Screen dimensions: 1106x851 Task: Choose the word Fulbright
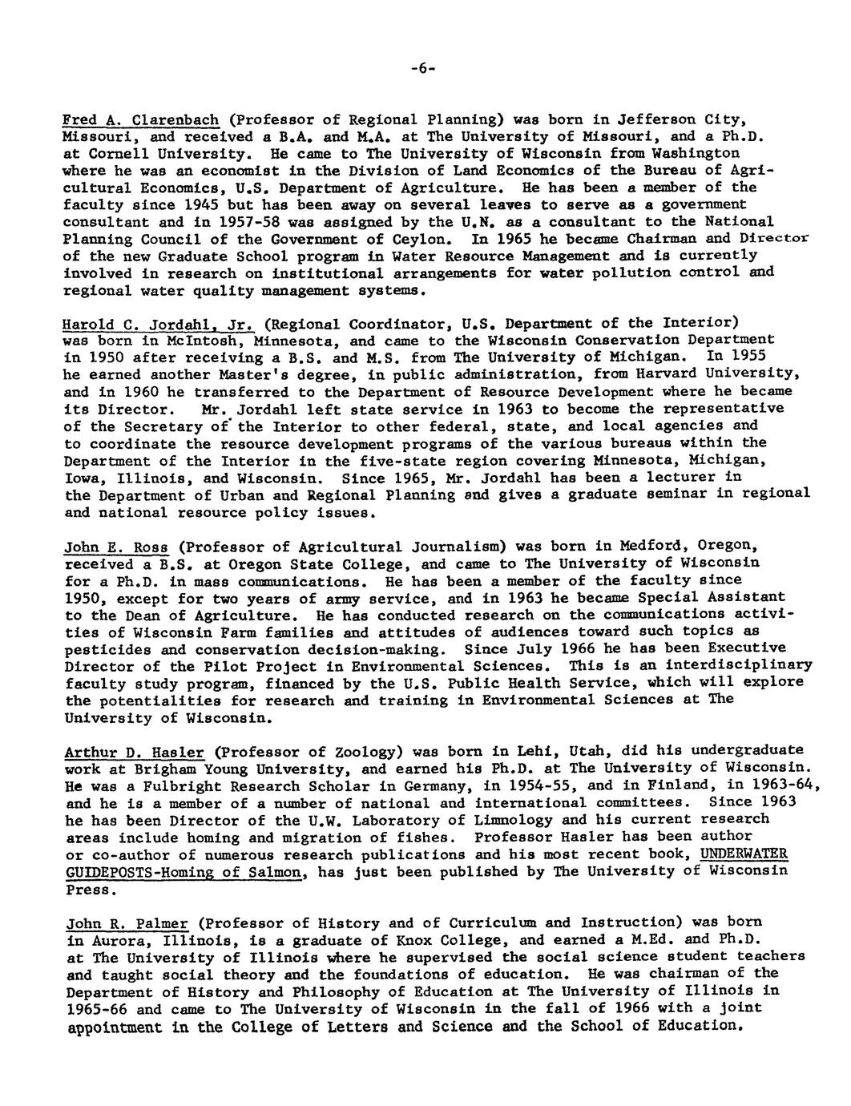(x=161, y=786)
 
